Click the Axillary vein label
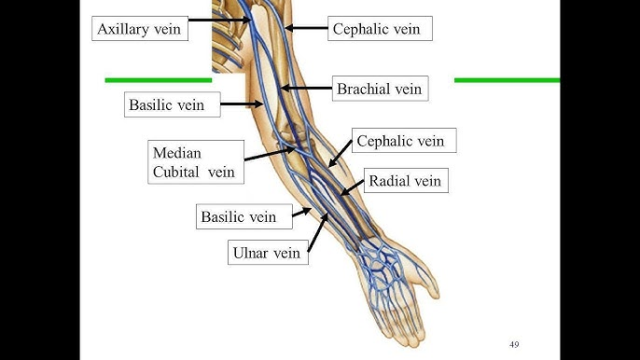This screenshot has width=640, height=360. pos(142,29)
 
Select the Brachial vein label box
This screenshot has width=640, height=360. pos(381,90)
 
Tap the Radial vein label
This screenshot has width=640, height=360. pos(405,181)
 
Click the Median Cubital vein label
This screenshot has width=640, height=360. pos(194,161)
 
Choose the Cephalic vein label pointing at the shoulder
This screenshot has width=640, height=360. pos(376,29)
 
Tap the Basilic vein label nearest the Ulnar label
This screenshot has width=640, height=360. pos(239,217)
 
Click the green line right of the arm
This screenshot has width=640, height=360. pos(506,80)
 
